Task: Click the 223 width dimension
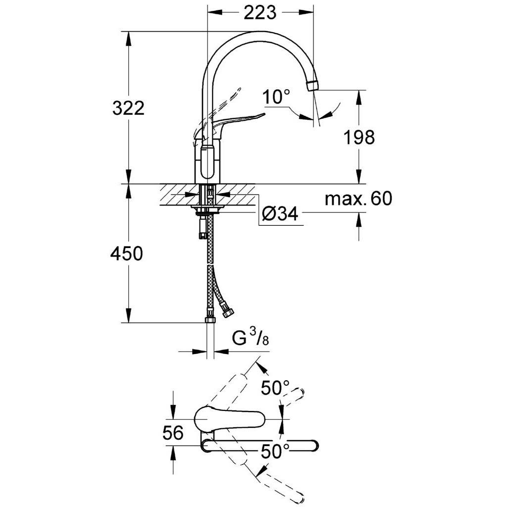click(x=259, y=12)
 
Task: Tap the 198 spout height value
click(x=359, y=137)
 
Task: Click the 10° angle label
click(x=276, y=97)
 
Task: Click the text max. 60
click(x=358, y=198)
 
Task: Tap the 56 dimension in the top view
click(x=173, y=433)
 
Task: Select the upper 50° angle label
click(x=275, y=388)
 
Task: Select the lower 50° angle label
click(x=275, y=451)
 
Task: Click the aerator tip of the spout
click(x=312, y=86)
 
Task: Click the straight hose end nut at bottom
click(x=210, y=318)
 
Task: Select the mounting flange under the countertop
click(x=207, y=208)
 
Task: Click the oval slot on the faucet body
click(x=207, y=162)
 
